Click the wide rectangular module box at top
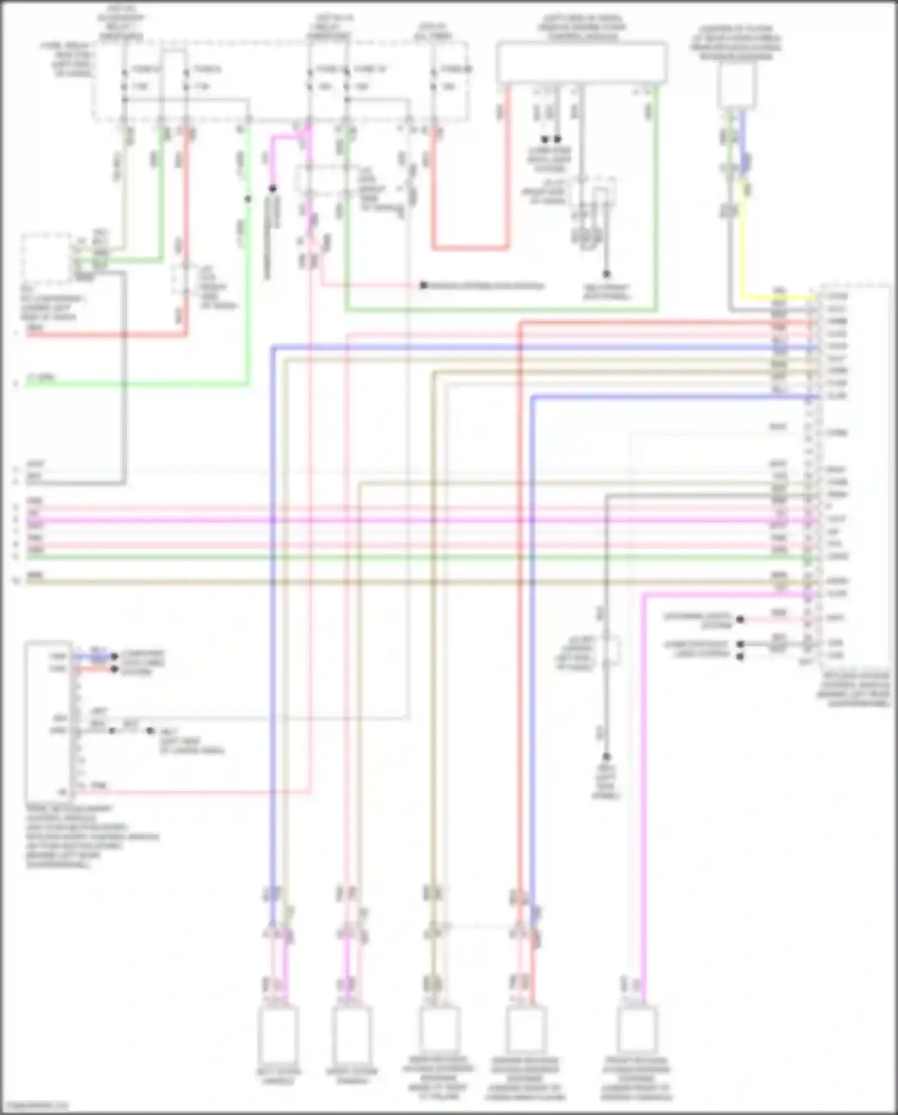pos(581,62)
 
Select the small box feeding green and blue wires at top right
pos(737,84)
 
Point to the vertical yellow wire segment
pos(743,240)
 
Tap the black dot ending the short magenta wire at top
pos(272,189)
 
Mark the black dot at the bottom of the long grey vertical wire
pos(606,757)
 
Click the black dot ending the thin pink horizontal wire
pos(423,286)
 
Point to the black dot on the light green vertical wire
pos(247,199)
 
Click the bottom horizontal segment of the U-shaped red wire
pos(470,247)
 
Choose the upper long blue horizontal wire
pos(539,347)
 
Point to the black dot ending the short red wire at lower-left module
pos(114,669)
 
